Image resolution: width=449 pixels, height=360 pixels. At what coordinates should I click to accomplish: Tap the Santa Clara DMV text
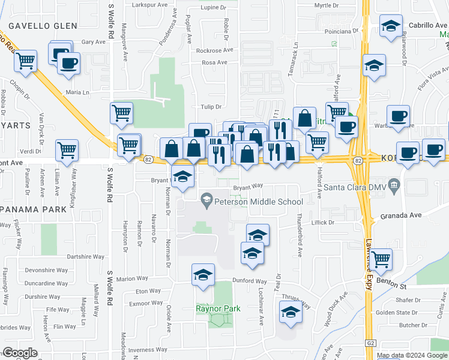click(355, 187)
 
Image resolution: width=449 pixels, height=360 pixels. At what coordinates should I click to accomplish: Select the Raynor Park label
click(218, 308)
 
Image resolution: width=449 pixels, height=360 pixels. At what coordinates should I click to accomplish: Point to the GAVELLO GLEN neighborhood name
click(43, 26)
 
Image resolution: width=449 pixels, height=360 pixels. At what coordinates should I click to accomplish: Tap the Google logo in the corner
click(20, 353)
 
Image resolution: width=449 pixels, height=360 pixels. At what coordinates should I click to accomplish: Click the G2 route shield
click(371, 343)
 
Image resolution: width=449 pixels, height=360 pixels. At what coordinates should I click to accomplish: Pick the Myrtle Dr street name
click(327, 5)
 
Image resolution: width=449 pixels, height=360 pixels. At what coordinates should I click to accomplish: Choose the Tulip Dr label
click(211, 107)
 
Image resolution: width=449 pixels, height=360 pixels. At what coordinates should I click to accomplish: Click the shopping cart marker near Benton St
click(381, 260)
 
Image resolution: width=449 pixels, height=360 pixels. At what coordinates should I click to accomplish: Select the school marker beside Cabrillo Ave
click(391, 27)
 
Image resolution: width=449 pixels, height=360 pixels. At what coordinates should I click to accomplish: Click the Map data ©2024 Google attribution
click(411, 355)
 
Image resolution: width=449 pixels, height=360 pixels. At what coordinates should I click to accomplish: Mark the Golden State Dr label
click(397, 313)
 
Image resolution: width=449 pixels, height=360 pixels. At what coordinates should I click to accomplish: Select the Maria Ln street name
click(77, 92)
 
